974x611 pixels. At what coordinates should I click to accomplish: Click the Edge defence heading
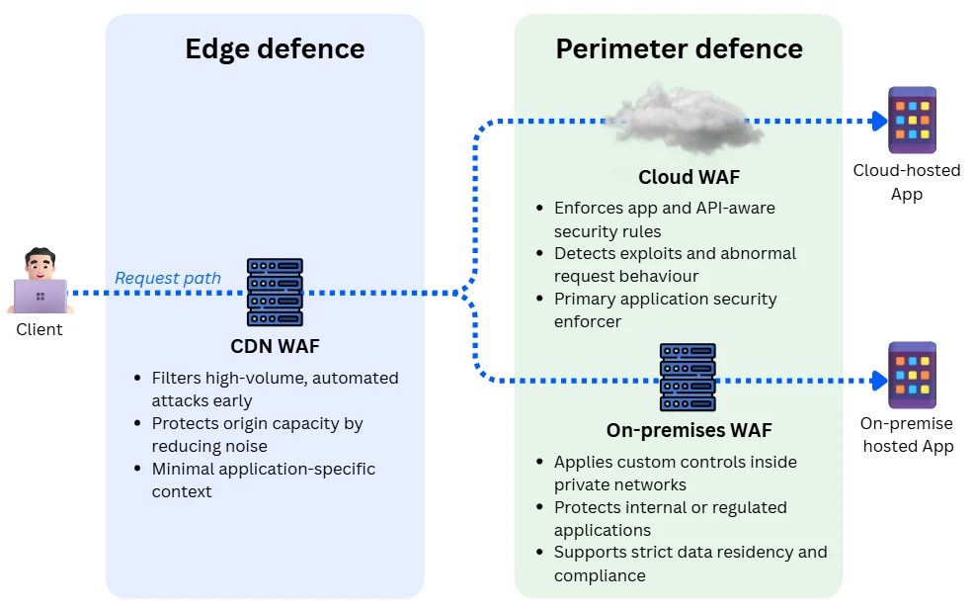(275, 49)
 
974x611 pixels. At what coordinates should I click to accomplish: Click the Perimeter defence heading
(679, 49)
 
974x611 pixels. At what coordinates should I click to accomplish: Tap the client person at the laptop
(40, 282)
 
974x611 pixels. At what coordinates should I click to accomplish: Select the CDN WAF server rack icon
(275, 293)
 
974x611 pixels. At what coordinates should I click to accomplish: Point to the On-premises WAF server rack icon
(688, 378)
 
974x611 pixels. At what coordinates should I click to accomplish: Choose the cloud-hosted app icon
(912, 120)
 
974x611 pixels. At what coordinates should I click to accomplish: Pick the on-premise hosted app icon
(912, 375)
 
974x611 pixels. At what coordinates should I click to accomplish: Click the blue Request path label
(168, 278)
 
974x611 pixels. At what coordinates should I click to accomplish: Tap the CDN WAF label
(275, 346)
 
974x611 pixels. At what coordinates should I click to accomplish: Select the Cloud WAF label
(689, 178)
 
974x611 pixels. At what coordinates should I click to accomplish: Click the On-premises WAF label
(689, 431)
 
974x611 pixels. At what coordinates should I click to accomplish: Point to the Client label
(40, 329)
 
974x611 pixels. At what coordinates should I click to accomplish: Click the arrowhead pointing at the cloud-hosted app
(878, 121)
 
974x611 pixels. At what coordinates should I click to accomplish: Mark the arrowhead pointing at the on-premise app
(878, 380)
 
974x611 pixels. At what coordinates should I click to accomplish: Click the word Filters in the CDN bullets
(174, 378)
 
